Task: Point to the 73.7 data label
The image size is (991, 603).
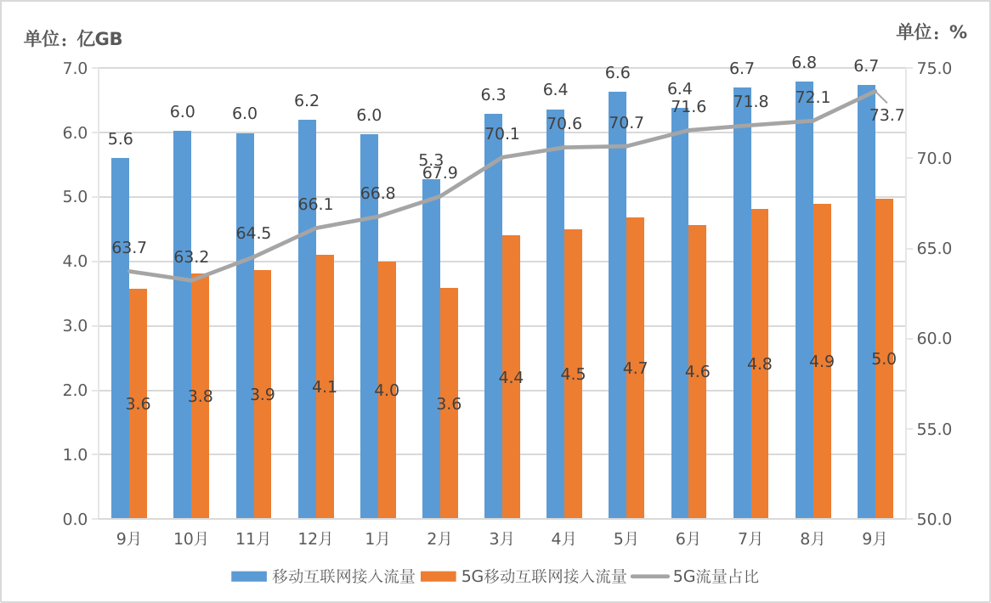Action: (886, 116)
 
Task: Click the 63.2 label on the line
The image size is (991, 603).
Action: (191, 256)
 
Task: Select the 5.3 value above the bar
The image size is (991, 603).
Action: (432, 161)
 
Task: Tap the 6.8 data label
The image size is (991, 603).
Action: (804, 63)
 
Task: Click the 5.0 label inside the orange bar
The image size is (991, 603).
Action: (884, 359)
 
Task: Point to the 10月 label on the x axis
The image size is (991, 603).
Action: (191, 538)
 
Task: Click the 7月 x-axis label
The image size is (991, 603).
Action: (750, 538)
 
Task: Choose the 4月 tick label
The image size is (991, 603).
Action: (563, 538)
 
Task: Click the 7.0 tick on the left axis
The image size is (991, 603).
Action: (76, 68)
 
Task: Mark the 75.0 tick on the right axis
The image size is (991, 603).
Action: (934, 68)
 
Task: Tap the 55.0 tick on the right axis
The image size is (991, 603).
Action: (934, 429)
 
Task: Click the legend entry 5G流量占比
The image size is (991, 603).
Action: (716, 577)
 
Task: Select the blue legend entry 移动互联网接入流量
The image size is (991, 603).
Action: (343, 577)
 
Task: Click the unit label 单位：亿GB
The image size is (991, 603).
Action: (73, 38)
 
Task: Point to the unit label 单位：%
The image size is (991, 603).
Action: (932, 32)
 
